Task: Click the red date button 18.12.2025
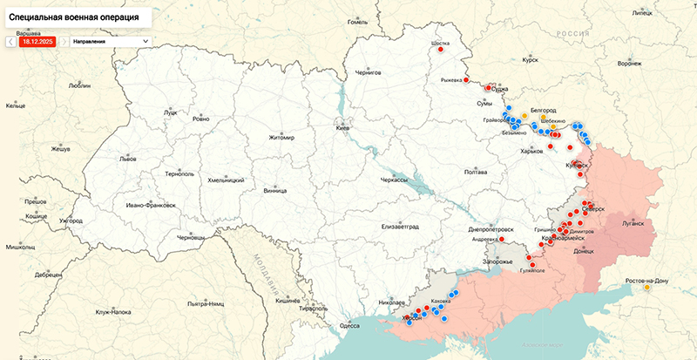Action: click(x=38, y=40)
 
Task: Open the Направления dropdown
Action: click(x=110, y=40)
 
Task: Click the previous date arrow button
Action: click(x=10, y=40)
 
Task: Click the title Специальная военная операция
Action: click(x=75, y=17)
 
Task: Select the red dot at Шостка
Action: click(x=441, y=50)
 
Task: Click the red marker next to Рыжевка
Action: click(x=467, y=80)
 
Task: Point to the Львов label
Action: click(x=128, y=160)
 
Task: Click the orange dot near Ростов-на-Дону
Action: click(x=646, y=289)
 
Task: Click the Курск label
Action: click(x=529, y=61)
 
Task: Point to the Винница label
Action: click(x=274, y=189)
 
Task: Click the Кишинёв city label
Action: click(x=288, y=300)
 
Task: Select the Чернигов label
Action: click(x=367, y=72)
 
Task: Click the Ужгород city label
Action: click(x=71, y=221)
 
